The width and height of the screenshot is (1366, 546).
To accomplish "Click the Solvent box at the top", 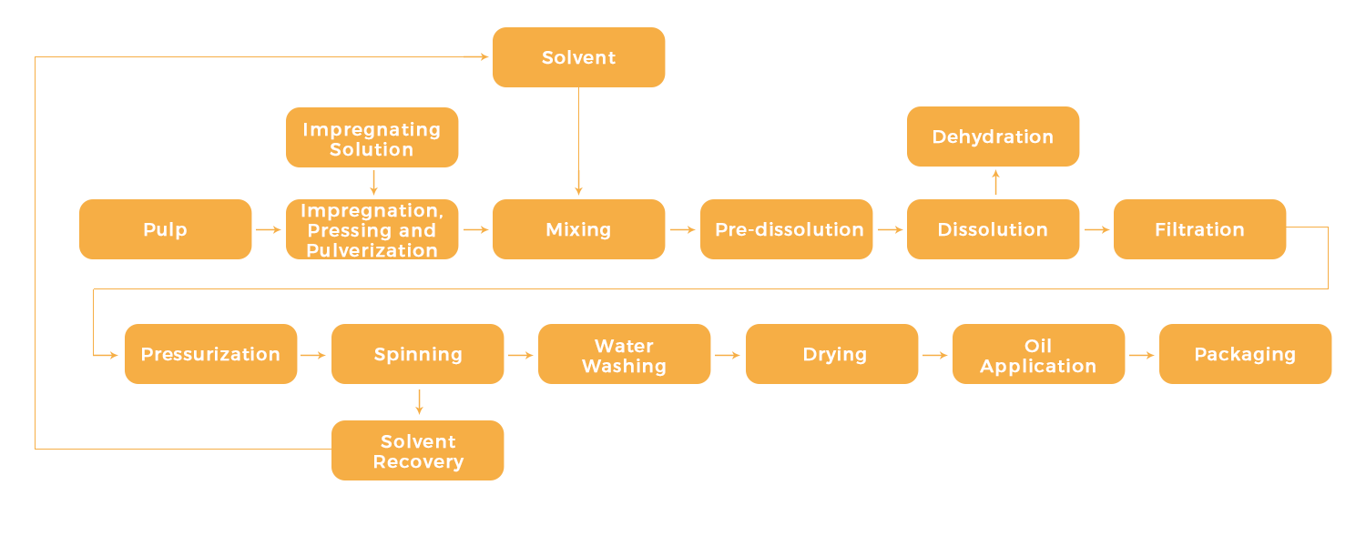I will pos(578,57).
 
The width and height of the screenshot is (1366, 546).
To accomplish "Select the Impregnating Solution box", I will pos(372,137).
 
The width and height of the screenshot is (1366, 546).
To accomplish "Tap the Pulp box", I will pos(166,229).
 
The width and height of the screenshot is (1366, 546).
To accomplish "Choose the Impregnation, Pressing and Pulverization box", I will pos(372,229).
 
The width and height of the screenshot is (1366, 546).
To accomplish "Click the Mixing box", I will pos(578,229).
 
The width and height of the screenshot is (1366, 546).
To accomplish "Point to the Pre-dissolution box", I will pos(787,229).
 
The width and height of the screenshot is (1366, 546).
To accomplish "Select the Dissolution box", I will pos(993,229).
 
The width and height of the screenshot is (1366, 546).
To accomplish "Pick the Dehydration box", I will pos(993,136).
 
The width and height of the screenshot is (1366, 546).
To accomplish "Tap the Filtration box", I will pos(1199,229).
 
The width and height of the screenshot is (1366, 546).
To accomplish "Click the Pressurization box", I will pos(210,354).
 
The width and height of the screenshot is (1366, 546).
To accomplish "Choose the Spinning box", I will pos(417,354).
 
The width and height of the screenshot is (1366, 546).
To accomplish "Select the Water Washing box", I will pos(624,354).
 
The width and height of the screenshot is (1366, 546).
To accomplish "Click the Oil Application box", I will pos(1038,354).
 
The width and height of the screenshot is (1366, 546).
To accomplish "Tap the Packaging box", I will pos(1245,354).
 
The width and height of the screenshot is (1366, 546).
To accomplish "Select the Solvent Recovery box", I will pos(417,450).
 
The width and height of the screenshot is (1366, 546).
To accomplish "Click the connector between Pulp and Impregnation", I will pos(269,229).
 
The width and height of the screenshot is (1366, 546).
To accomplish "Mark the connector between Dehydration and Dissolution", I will pos(995,182).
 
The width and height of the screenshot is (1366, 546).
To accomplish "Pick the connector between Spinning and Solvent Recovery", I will pos(419,402).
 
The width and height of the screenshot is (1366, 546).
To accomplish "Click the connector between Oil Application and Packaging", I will pos(1142,355).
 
